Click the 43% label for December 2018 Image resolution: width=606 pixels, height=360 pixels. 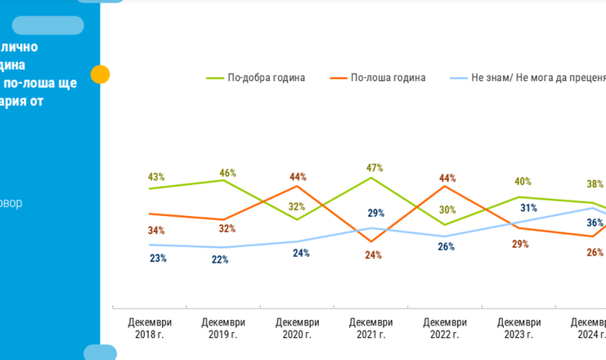(156, 177)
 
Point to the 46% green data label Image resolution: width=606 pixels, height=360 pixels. (227, 173)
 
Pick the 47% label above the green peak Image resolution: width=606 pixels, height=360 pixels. (375, 168)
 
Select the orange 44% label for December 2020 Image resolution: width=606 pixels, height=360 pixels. (298, 177)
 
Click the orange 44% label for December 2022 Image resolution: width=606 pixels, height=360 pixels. (447, 178)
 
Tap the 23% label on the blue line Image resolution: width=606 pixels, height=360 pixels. (158, 259)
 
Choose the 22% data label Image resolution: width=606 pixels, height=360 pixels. (220, 259)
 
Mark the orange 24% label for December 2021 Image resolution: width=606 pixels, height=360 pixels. (373, 255)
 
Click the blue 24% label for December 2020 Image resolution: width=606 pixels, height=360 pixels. (301, 254)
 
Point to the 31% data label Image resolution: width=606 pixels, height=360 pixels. (528, 208)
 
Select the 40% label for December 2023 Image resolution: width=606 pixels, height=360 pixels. (523, 182)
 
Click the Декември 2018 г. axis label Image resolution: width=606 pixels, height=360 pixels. (150, 328)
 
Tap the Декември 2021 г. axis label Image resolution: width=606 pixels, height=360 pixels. (370, 328)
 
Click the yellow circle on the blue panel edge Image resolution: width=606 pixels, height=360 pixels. (100, 74)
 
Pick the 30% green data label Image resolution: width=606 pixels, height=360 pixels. (447, 209)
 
